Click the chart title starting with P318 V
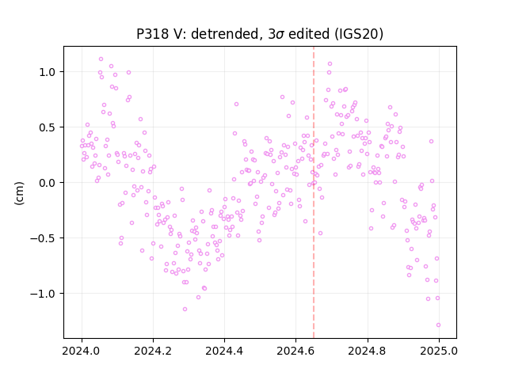click(260, 34)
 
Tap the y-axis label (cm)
click(19, 193)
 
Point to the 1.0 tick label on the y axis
click(48, 72)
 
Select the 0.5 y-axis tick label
click(48, 127)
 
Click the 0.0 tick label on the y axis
click(48, 183)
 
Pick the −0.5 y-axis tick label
click(43, 238)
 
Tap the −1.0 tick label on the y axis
click(43, 294)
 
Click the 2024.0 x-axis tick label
click(82, 351)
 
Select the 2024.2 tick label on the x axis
click(153, 351)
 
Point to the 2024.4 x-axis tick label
click(224, 351)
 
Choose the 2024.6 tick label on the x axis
click(295, 351)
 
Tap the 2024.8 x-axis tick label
click(368, 351)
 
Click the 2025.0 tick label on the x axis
click(439, 351)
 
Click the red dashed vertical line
click(314, 192)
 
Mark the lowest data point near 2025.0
click(438, 325)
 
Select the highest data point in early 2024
click(101, 59)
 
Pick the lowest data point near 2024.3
click(185, 310)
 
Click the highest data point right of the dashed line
click(330, 63)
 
